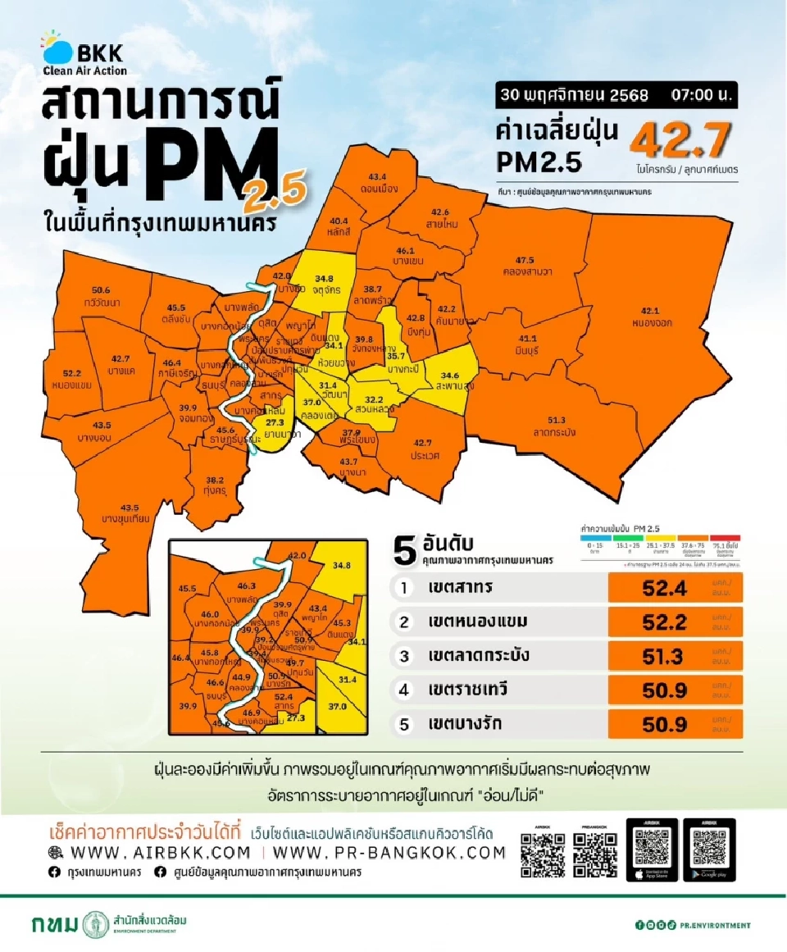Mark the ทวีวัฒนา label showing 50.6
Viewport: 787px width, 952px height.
(x=102, y=296)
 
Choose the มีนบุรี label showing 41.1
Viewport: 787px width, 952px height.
(x=528, y=344)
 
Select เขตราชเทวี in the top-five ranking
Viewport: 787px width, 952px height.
(x=467, y=690)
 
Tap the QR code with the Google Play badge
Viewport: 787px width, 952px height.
(x=708, y=850)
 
